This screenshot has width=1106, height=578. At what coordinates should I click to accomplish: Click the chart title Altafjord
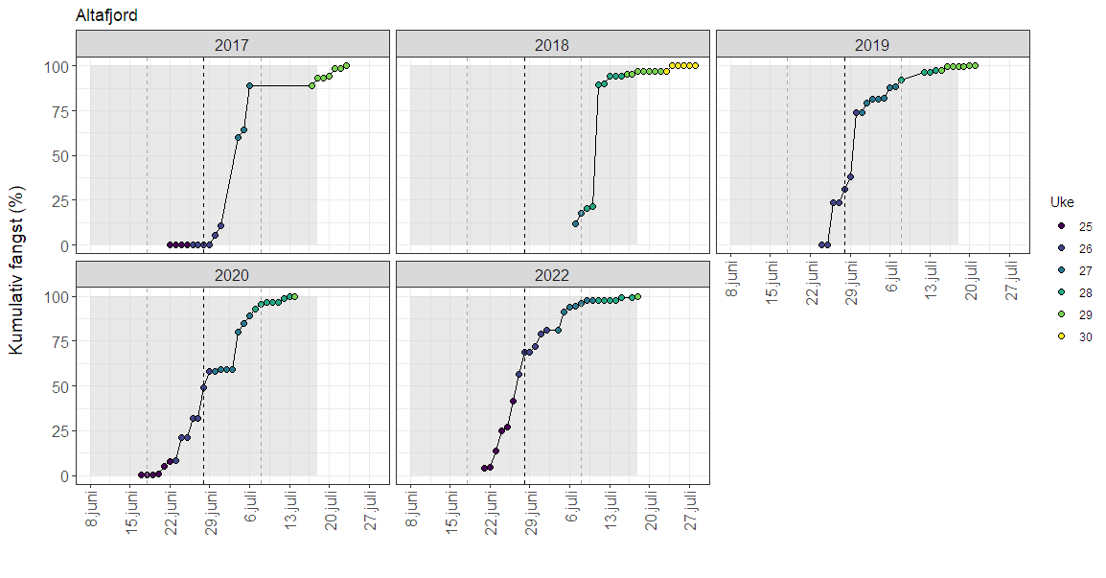pos(106,16)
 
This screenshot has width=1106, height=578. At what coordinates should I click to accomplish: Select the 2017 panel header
pos(232,44)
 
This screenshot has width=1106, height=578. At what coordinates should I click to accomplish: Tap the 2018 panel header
pos(552,44)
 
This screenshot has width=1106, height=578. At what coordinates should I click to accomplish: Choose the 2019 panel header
pos(872,44)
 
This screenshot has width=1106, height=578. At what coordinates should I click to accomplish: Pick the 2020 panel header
pos(232,274)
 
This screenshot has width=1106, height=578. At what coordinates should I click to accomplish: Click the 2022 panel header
pos(552,274)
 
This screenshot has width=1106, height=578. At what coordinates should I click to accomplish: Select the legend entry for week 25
pos(1062,227)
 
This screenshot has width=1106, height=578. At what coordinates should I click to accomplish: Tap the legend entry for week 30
pos(1062,336)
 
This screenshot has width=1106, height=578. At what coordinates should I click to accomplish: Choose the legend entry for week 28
pos(1062,292)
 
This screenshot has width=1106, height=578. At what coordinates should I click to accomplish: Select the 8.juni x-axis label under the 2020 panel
pos(91,508)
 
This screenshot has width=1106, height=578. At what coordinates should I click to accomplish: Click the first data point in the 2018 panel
pos(576,224)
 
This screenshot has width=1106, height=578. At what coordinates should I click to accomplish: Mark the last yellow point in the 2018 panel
pos(695,66)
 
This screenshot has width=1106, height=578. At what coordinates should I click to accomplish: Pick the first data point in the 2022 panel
pos(484,468)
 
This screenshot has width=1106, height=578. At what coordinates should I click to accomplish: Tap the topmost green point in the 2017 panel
pos(346,66)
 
